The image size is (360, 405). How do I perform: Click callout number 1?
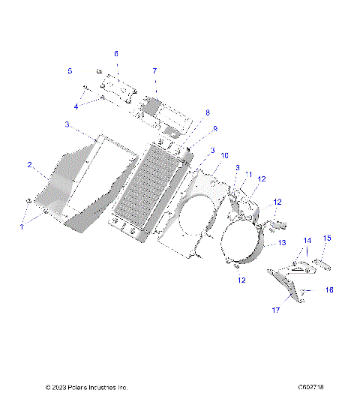pos(22,226)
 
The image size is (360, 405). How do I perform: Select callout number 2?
pos(29,164)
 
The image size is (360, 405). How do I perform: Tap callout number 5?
pos(70,71)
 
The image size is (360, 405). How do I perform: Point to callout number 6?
pos(116,54)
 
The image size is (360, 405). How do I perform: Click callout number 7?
pos(154,71)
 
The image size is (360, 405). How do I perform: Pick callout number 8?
pos(208,112)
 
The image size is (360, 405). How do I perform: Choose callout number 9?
pos(214,129)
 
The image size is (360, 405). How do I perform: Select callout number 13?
pos(283,243)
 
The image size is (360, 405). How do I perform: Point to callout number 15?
pos(327,238)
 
